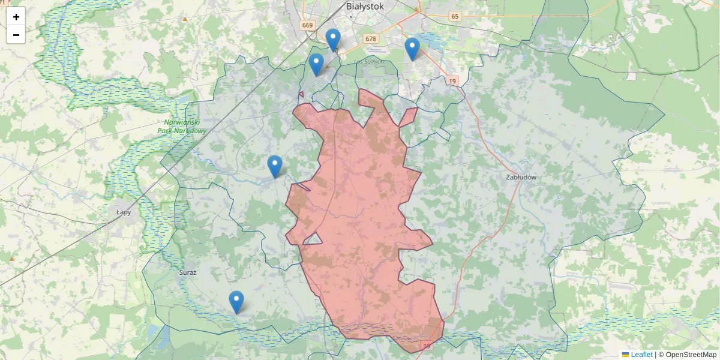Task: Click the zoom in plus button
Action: tap(16, 17)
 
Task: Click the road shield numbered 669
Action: tap(308, 25)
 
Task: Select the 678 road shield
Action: tap(371, 39)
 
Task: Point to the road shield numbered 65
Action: tap(455, 16)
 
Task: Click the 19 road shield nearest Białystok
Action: tap(452, 80)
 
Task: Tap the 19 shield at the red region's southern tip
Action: tap(427, 346)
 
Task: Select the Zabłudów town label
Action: tap(521, 178)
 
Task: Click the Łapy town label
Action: tap(124, 212)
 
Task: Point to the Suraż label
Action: tap(188, 272)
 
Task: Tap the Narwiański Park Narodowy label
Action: tap(185, 127)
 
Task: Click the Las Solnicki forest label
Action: tap(368, 61)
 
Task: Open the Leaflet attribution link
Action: tap(641, 355)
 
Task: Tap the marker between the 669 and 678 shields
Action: tap(333, 40)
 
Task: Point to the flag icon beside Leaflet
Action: tap(625, 355)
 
